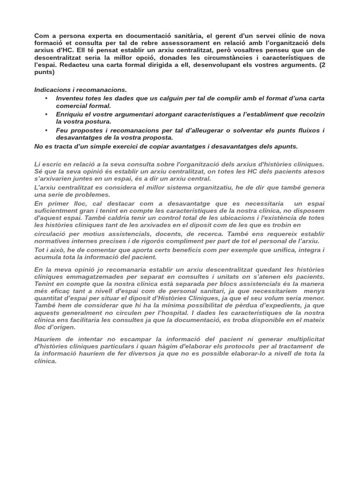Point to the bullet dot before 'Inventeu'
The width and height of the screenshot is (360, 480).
[x=46, y=98]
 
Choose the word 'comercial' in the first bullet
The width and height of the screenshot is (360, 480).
[x=72, y=106]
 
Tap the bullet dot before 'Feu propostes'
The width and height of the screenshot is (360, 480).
[x=46, y=130]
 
